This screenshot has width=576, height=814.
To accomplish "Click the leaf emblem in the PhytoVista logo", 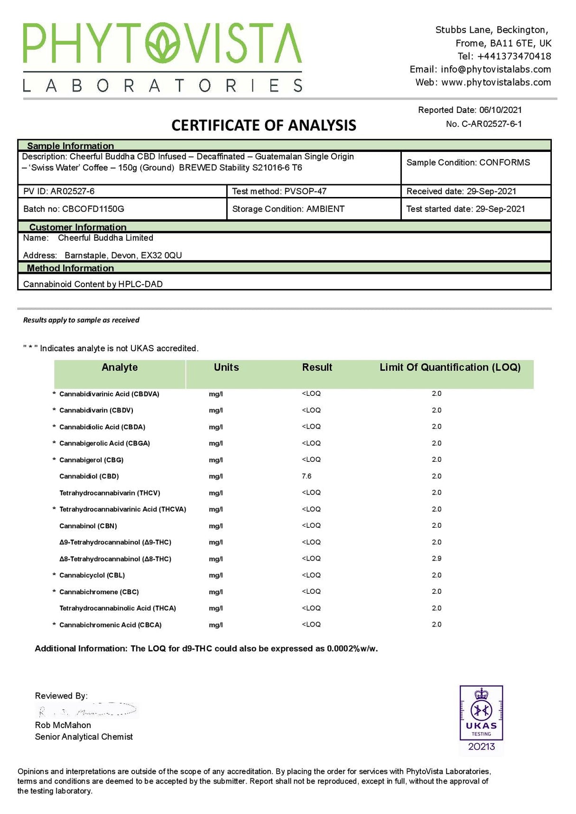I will coord(163,44).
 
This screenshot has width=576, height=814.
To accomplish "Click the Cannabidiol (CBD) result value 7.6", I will coord(307,476).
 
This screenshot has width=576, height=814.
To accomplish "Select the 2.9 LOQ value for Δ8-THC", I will coord(437,559).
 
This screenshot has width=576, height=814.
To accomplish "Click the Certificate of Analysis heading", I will coord(263,125).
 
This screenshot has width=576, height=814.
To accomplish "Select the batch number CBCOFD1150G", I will coord(93,209).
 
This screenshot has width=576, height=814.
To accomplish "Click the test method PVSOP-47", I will coord(305,191).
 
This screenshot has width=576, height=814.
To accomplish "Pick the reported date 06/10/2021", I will coord(500,110).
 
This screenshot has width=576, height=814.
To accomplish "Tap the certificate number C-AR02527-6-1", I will coord(492,124).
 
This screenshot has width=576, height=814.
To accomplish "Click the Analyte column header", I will coord(120,367).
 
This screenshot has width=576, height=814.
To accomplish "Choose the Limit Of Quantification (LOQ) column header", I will coord(450,367).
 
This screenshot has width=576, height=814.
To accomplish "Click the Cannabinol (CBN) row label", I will coord(88,526).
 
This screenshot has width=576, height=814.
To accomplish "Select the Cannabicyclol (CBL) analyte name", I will coord(92,575).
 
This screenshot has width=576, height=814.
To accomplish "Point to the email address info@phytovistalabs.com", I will coord(495,69).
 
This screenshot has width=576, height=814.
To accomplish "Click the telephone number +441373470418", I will coord(514,56).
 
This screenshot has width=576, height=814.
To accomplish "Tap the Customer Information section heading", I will coord(78,227).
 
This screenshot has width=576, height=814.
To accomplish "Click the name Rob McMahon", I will coord(63,725).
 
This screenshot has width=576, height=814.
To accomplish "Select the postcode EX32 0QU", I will coord(161,255).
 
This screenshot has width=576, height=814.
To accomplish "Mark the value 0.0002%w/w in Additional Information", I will coord(352,649).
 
